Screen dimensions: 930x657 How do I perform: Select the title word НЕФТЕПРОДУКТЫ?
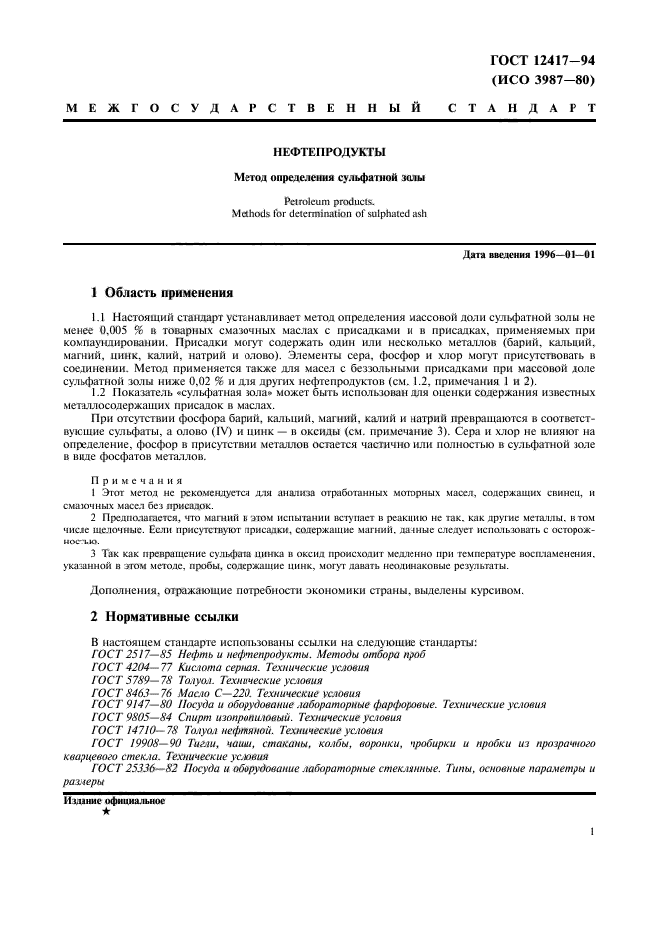328,152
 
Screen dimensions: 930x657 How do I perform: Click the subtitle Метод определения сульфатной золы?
328,178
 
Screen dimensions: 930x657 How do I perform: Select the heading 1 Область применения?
161,293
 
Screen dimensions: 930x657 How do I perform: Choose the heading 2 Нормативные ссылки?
164,618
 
